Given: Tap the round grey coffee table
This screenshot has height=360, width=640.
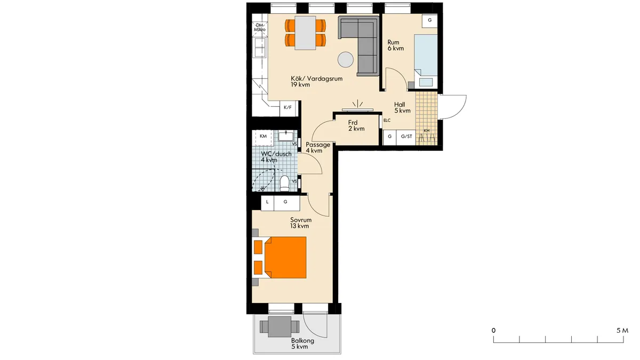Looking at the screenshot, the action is click(x=346, y=60).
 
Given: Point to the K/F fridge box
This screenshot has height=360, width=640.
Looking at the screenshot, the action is click(x=287, y=108).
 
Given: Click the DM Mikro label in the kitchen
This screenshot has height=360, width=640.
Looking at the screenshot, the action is click(x=260, y=27).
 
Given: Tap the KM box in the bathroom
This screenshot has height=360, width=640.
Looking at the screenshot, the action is click(x=263, y=137).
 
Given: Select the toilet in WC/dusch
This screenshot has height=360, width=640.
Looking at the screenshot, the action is click(x=284, y=183).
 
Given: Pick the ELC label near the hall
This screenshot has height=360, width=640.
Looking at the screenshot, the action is click(x=387, y=121).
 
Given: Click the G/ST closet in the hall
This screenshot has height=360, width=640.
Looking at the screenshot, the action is click(x=406, y=137).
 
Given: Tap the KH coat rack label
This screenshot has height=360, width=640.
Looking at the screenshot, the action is click(x=427, y=131).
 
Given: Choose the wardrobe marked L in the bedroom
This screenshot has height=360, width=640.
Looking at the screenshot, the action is click(x=267, y=203).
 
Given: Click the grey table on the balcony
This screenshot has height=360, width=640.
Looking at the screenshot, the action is click(x=279, y=326).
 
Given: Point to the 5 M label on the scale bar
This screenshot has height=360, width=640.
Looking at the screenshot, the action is click(x=622, y=331).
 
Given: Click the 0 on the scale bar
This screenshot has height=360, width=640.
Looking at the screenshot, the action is click(x=493, y=331).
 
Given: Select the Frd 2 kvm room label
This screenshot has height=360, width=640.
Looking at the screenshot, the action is click(x=356, y=126).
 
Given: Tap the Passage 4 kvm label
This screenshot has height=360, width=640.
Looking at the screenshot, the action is click(x=318, y=147).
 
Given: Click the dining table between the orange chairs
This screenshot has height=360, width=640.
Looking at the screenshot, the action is click(x=306, y=33).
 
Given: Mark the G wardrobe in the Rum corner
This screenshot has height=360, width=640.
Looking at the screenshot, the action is click(x=430, y=21).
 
